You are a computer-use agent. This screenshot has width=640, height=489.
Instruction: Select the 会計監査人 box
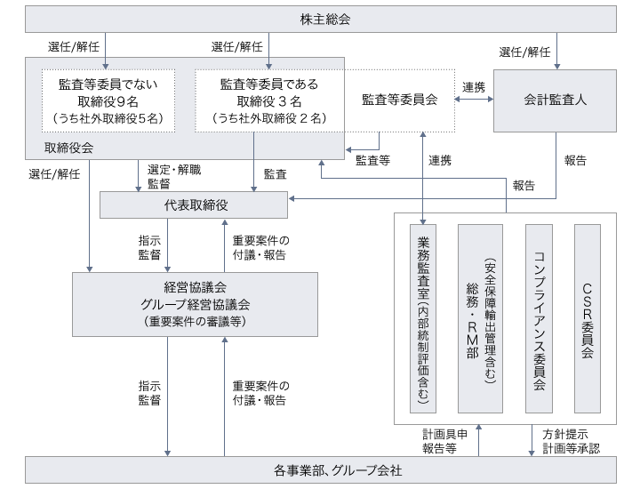(x=555, y=100)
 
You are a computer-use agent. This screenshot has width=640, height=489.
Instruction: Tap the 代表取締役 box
(x=196, y=205)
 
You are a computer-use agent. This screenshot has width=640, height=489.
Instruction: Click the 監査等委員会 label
(x=400, y=100)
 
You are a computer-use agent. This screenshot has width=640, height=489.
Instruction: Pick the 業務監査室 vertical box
(x=423, y=318)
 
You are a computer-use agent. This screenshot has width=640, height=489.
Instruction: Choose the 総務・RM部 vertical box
(x=480, y=318)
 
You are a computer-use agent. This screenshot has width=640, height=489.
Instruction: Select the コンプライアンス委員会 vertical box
(x=539, y=318)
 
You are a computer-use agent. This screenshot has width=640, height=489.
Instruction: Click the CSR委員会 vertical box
(x=587, y=318)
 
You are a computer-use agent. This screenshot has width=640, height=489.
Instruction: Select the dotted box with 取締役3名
(x=268, y=100)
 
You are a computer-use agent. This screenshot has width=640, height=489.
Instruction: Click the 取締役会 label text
(x=68, y=148)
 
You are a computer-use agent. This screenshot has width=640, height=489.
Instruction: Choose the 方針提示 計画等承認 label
(x=571, y=441)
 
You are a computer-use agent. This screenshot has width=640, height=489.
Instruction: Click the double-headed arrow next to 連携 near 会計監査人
(x=474, y=100)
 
